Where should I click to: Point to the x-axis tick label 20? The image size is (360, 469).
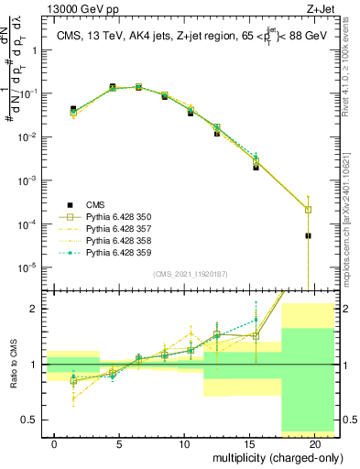(x=315, y=444)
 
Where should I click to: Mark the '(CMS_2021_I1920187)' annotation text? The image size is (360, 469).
(x=190, y=274)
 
